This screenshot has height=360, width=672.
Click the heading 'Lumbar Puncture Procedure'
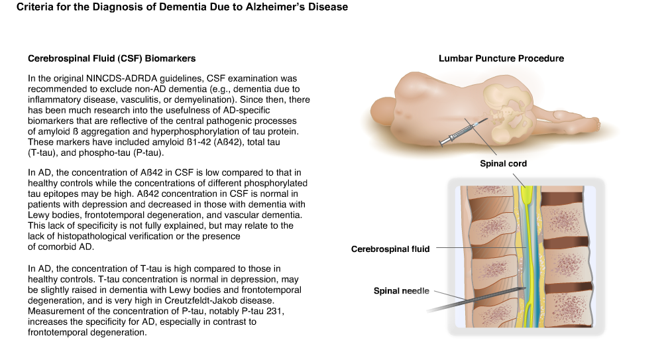(501, 58)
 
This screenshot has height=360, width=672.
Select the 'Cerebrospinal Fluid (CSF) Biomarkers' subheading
(111, 58)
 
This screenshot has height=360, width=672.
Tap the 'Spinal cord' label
(503, 163)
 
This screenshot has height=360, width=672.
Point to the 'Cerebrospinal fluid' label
(390, 249)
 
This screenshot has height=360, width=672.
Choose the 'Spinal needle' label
(401, 291)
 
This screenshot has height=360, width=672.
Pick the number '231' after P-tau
(274, 311)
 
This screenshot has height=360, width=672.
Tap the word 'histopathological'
(89, 236)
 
